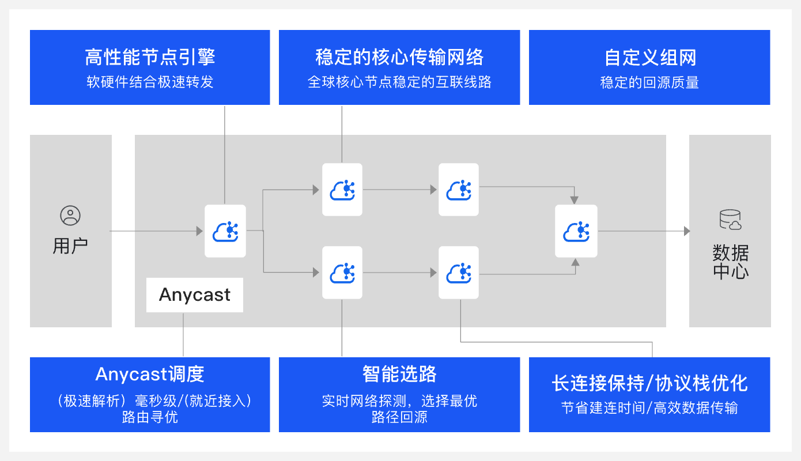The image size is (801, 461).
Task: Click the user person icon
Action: pos(70,216)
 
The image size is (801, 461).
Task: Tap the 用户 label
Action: pos(70,246)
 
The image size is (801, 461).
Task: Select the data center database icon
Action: pos(730,220)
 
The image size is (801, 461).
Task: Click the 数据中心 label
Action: pos(731,262)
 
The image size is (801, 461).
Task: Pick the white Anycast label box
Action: pos(195,295)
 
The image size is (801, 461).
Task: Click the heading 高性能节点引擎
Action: pos(150,57)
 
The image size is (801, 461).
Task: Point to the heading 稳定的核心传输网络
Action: pos(399,57)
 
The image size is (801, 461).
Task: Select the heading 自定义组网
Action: pos(650,58)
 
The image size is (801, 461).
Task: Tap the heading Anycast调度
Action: pos(150,374)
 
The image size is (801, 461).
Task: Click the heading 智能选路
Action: pos(399,374)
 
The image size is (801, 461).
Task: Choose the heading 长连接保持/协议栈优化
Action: pos(649,383)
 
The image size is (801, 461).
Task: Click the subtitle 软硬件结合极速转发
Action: pos(150,82)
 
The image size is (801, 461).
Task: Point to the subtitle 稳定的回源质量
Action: pos(649,82)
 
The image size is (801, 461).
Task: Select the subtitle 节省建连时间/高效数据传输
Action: pos(649,408)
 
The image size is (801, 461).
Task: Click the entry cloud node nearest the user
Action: pos(225,231)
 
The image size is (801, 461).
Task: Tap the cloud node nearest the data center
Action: pos(576,231)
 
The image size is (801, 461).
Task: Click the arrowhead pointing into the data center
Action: pos(686,231)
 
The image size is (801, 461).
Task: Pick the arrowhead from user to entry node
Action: pos(199,231)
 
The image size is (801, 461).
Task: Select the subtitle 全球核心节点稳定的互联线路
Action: pos(399,82)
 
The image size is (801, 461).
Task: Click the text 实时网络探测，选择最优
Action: pos(399,401)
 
